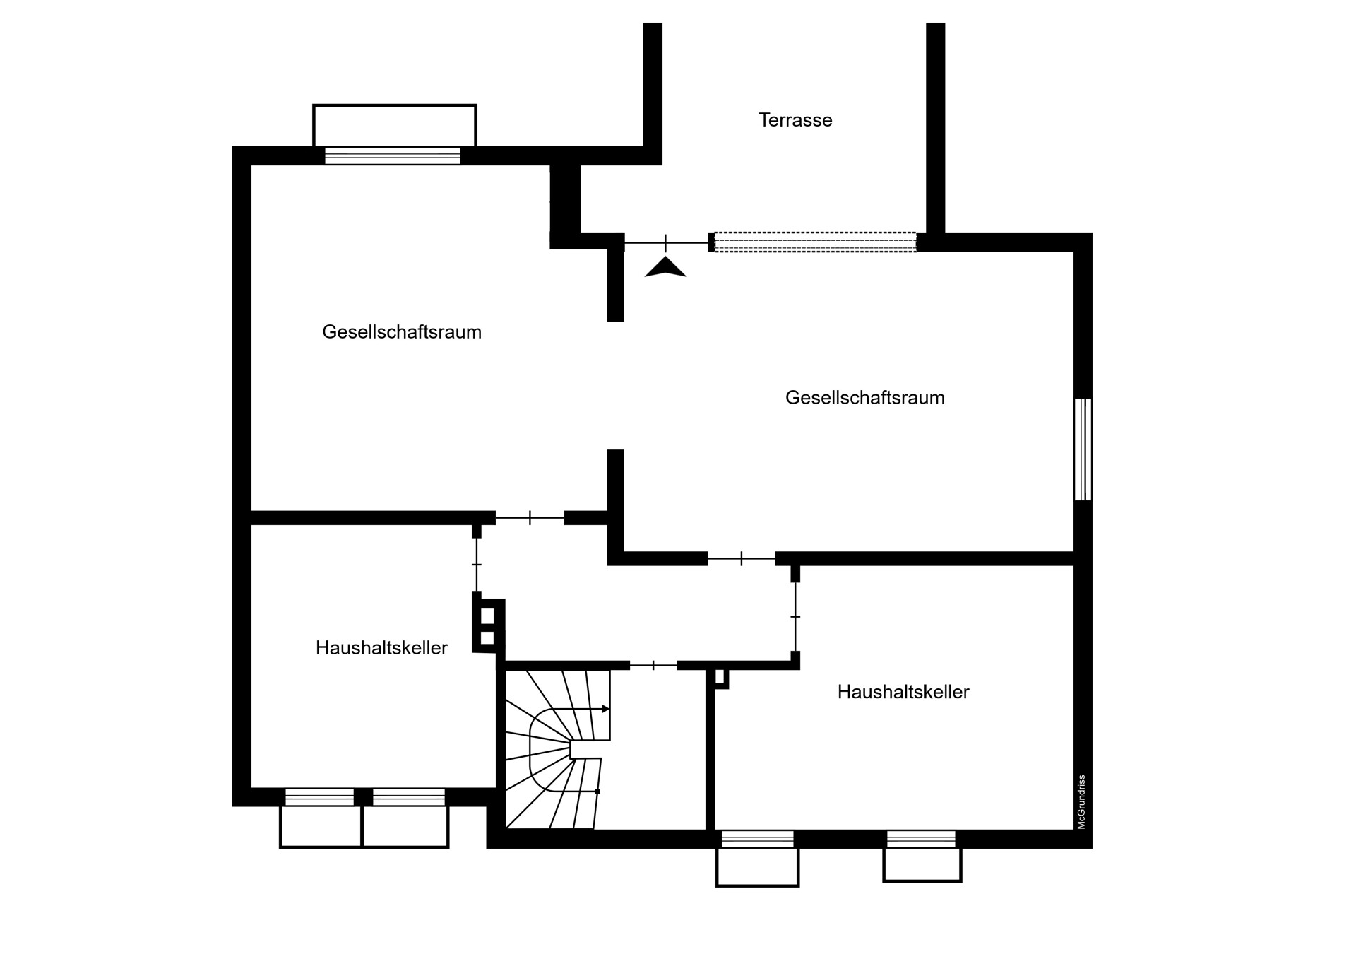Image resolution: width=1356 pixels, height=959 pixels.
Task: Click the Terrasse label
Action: tap(795, 120)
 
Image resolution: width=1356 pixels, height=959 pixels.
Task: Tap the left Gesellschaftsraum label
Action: tap(402, 332)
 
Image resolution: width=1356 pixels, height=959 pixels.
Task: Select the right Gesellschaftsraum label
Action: tap(864, 398)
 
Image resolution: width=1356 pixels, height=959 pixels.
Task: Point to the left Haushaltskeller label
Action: tap(381, 648)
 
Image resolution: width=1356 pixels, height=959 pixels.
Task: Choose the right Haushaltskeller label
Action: tap(903, 692)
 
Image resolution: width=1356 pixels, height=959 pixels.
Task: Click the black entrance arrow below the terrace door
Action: tap(665, 267)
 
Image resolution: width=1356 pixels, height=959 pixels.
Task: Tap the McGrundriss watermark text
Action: tap(1081, 801)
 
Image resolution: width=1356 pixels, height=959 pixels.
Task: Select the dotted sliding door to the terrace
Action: tap(816, 242)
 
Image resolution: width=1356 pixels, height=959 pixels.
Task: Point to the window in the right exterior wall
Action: tap(1083, 449)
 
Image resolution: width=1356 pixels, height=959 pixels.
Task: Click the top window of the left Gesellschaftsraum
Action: tap(393, 155)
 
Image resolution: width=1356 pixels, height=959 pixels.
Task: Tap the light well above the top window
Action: tap(395, 126)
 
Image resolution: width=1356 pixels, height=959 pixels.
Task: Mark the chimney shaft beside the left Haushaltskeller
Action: tap(488, 626)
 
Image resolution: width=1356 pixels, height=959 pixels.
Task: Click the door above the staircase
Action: tap(653, 665)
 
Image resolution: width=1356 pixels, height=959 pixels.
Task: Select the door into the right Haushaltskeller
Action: tap(795, 617)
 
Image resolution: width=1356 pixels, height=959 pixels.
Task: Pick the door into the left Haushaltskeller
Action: tap(477, 565)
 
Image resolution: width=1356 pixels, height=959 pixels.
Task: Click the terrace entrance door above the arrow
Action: tap(666, 243)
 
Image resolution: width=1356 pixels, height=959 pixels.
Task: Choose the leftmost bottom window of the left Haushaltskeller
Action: tap(319, 797)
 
